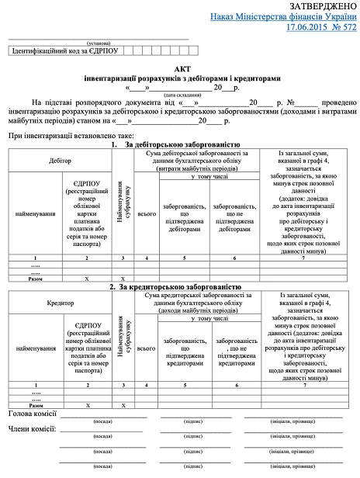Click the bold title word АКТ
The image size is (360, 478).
pos(180,69)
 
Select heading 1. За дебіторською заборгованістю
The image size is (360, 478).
pos(180,144)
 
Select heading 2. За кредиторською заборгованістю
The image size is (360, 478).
pos(180,287)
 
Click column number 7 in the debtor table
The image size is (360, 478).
pos(303,257)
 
